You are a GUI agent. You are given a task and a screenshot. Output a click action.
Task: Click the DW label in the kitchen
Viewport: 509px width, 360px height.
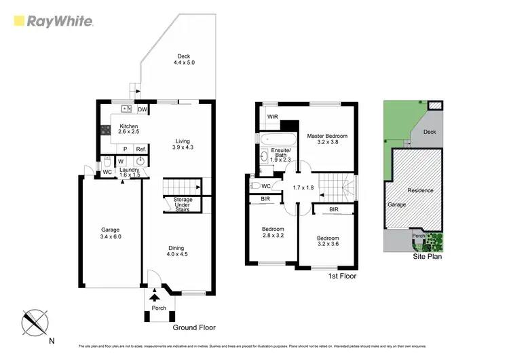tap(143, 109)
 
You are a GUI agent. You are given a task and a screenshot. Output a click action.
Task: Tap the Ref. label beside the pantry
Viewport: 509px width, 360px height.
tap(140, 149)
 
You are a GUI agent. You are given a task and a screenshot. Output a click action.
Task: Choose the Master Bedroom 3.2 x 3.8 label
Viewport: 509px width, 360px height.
tap(326, 140)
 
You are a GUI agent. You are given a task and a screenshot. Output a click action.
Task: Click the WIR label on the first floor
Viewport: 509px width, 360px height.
tap(272, 117)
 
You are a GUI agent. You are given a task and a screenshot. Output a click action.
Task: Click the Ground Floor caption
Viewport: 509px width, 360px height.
tap(194, 327)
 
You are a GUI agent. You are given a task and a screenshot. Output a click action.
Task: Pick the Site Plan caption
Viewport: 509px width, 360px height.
tap(428, 258)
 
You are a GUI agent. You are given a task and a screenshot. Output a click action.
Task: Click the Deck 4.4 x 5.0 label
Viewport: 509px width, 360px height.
tap(183, 60)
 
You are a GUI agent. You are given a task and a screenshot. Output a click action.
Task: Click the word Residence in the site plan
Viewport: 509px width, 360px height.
tap(420, 190)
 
